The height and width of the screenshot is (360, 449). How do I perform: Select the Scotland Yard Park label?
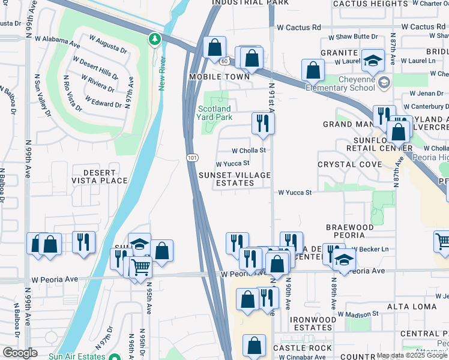tap(214, 113)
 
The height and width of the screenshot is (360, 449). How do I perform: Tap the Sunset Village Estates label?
tap(235, 179)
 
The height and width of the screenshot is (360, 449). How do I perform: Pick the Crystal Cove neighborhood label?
tap(349, 164)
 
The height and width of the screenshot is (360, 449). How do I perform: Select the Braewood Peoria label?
tap(358, 232)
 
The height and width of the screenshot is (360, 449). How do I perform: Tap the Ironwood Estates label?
tap(312, 323)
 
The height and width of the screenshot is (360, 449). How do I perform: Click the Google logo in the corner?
tap(20, 353)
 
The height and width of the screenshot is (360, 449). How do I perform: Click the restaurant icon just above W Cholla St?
tap(262, 123)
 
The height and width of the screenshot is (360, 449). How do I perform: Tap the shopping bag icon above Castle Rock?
tap(254, 345)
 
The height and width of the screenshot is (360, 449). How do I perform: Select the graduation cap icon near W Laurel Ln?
tap(373, 61)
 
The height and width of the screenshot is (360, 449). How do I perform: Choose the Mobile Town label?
tap(218, 77)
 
